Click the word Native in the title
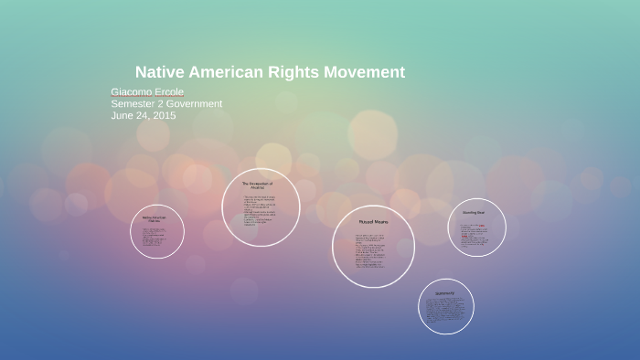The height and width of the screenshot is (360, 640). (x=159, y=72)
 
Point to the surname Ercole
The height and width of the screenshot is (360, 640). (x=169, y=92)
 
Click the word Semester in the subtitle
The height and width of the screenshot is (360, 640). (x=133, y=104)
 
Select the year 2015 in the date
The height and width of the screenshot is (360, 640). (x=164, y=116)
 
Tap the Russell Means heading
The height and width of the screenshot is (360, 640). (x=373, y=222)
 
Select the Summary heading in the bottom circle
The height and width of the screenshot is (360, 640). (x=445, y=293)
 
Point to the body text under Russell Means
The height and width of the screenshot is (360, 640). (x=370, y=251)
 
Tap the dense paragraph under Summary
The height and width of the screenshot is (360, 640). (x=445, y=311)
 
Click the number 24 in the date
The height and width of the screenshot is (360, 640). (x=142, y=116)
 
